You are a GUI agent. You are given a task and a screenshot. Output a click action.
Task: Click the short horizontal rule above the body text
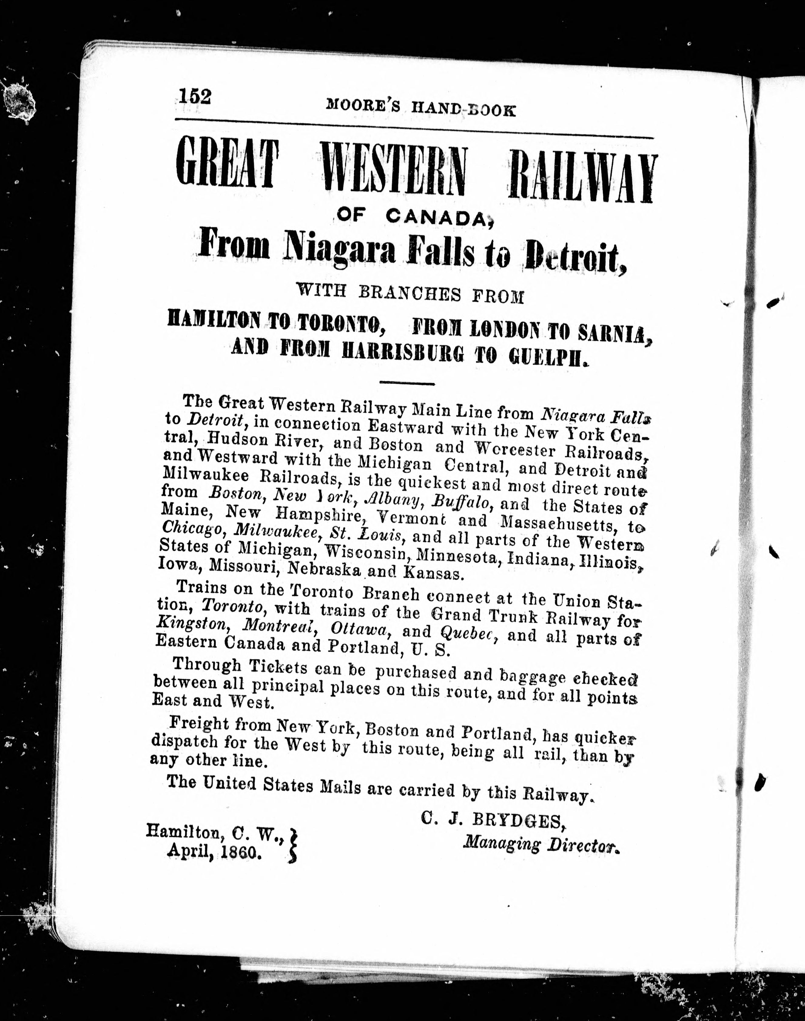click(x=406, y=383)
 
